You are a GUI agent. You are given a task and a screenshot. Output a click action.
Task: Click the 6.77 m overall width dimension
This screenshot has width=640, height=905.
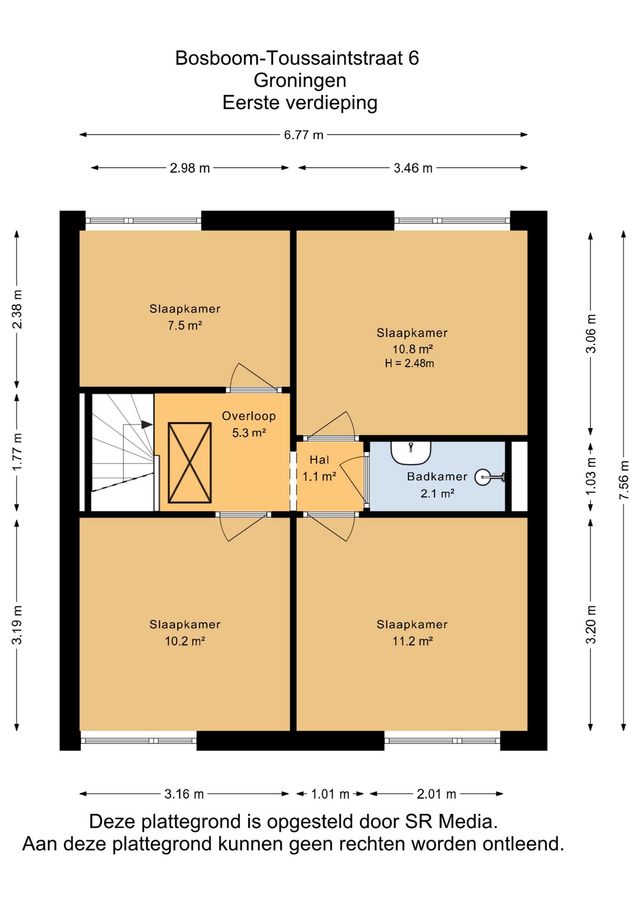(304, 135)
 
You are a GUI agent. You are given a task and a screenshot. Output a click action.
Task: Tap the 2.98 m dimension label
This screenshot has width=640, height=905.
(189, 168)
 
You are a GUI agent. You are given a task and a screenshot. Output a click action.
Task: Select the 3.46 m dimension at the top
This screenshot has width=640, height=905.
(413, 168)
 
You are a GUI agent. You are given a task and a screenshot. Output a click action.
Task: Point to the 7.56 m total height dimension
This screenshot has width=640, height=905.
(624, 480)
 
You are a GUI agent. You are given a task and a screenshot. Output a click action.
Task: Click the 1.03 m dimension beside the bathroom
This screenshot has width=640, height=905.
(591, 476)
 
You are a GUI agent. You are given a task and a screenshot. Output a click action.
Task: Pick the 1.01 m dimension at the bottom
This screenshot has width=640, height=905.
(330, 794)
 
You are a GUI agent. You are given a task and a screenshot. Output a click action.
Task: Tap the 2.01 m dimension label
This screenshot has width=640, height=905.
(436, 794)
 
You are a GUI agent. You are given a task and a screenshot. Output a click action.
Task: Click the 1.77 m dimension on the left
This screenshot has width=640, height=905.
(17, 452)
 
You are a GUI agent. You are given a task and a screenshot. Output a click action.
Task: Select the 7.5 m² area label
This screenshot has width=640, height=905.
(185, 326)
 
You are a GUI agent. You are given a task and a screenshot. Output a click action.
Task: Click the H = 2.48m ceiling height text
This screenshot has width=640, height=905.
(410, 363)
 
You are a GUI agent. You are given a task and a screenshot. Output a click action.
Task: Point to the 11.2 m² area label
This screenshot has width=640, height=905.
(412, 641)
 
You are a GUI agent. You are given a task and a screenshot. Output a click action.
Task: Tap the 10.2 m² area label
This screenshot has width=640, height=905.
(185, 641)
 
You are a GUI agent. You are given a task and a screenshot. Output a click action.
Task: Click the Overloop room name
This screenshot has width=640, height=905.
(249, 416)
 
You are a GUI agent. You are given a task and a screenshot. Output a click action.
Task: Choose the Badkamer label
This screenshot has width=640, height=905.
(437, 477)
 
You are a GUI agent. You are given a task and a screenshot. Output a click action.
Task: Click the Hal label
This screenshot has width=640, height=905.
(319, 460)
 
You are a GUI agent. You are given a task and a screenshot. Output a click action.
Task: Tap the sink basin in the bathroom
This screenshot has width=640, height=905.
(411, 452)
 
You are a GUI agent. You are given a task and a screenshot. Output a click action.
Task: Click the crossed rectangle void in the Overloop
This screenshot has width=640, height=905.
(189, 463)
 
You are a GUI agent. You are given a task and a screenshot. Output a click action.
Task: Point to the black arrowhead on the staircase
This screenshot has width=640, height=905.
(147, 425)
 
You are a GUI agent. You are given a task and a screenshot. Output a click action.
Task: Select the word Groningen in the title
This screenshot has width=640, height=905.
(300, 80)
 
